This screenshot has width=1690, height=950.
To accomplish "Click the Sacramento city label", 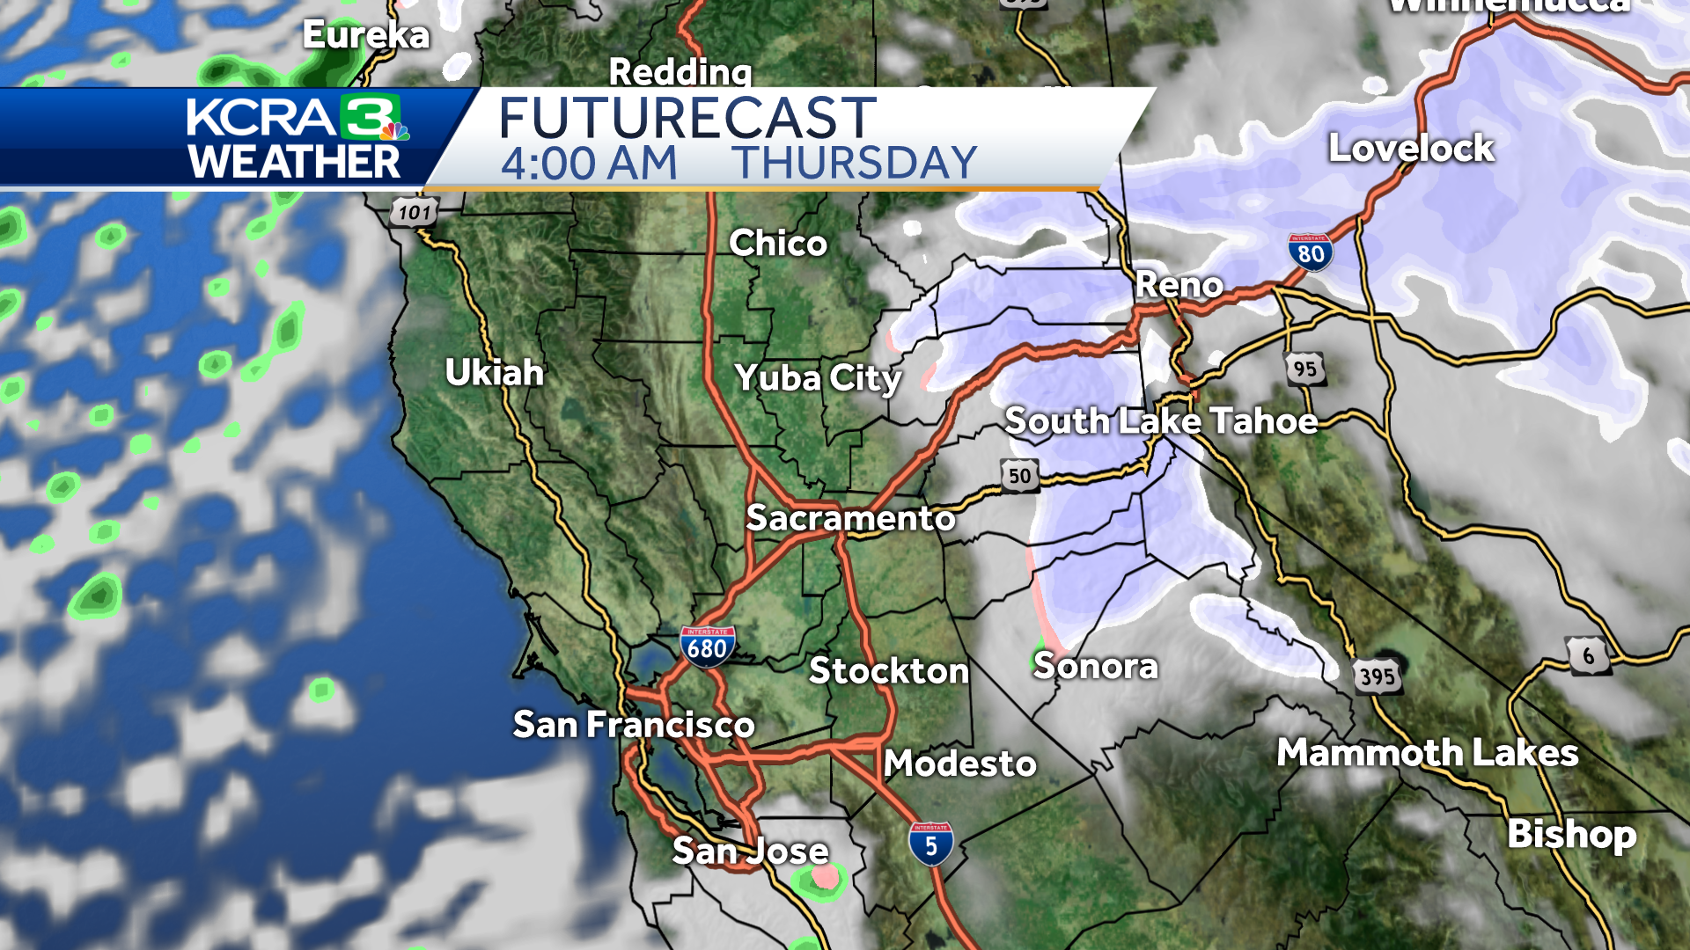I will pos(850,517).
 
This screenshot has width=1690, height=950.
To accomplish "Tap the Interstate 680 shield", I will pos(707,647).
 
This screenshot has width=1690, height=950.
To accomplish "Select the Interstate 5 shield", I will pos(930,844).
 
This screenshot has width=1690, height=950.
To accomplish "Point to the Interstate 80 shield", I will pos(1310,252).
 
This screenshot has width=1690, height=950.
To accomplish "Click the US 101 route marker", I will pos(414,212).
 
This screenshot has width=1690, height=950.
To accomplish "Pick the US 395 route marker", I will pos(1377,676).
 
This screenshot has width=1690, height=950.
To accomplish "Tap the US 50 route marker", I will pos(1019,476).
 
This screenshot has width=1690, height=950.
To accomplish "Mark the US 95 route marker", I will pos(1304,369).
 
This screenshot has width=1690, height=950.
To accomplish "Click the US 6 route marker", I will pos(1588,655).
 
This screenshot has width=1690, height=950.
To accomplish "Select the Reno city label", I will pos(1179,284).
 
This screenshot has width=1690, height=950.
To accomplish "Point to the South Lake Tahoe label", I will pos(1161,420).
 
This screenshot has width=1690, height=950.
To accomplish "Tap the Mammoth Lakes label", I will pos(1427,753).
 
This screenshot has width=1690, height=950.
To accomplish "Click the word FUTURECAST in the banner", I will pos(687,118).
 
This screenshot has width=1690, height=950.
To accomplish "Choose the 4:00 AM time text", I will pos(589,164).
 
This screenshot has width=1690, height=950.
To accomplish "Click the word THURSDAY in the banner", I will pos(855,164).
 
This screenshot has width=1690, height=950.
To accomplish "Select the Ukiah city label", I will pos(495,372).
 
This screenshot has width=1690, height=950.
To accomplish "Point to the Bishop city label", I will pos(1572,834).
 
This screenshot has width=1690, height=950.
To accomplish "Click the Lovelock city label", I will pos(1411,148).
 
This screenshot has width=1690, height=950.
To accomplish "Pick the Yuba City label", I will pos(819,378).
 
